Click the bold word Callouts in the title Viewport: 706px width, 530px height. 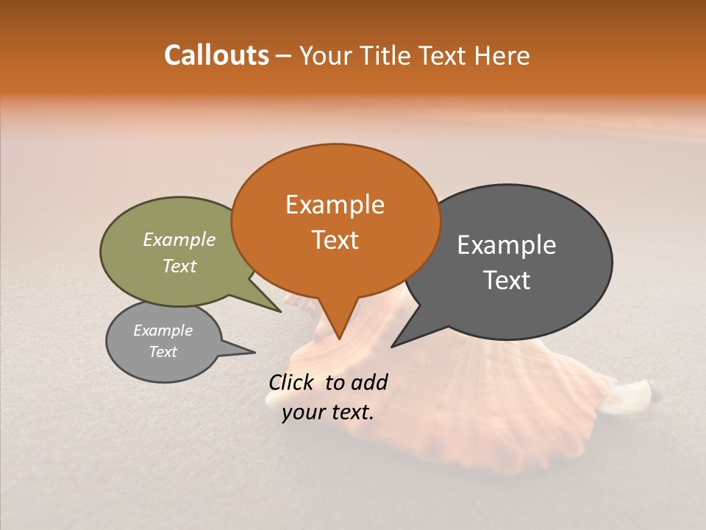216,55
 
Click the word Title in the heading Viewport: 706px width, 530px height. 388,56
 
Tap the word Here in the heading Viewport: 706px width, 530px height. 502,56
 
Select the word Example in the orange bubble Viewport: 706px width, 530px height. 335,205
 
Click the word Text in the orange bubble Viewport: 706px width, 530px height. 335,240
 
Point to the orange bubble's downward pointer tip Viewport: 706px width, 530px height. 339,338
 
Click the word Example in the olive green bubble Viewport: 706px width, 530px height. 179,239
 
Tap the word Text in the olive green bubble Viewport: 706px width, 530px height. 179,266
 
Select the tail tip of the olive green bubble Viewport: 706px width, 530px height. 280,311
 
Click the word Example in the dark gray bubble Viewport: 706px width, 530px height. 506,245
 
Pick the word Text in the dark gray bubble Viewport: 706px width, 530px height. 506,280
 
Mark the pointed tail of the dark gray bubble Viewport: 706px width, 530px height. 393,346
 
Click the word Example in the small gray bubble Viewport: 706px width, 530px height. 163,331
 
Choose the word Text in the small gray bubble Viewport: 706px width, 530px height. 163,352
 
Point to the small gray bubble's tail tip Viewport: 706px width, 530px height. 254,352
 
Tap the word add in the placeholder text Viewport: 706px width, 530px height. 368,382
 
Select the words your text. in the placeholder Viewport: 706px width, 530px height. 328,412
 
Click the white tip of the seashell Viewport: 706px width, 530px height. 639,393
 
